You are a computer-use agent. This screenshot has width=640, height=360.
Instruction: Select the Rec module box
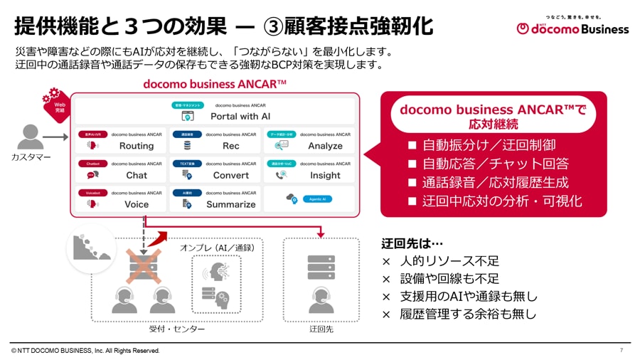click(x=215, y=140)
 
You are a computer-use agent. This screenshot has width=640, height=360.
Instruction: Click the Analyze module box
click(x=309, y=140)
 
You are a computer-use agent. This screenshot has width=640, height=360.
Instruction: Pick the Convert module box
click(x=215, y=169)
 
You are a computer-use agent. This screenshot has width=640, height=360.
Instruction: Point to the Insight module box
click(x=309, y=169)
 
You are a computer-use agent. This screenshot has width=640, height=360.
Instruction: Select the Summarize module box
click(x=215, y=198)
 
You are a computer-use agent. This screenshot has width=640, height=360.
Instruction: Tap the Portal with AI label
click(x=240, y=116)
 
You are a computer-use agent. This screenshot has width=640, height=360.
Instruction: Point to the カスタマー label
click(x=31, y=157)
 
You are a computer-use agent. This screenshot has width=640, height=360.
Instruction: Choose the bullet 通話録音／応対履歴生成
click(x=489, y=182)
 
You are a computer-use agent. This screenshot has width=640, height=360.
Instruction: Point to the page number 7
click(x=621, y=351)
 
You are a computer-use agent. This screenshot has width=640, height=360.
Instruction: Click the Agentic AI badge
click(x=316, y=199)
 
